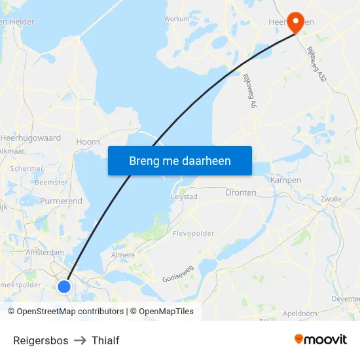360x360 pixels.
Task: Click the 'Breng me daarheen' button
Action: (x=180, y=160)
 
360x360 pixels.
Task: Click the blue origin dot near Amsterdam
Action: (x=64, y=286)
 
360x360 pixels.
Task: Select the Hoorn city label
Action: (x=88, y=141)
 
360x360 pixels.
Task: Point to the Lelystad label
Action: (x=183, y=196)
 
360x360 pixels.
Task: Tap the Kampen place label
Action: (x=285, y=180)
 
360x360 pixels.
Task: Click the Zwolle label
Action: (x=331, y=199)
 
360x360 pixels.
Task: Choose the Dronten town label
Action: (x=241, y=193)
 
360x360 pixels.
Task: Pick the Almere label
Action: (x=122, y=255)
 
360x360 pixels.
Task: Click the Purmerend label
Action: (x=61, y=201)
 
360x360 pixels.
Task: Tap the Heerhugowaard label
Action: (x=31, y=138)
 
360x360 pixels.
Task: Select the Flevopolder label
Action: (x=193, y=233)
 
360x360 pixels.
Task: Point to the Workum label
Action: (x=177, y=19)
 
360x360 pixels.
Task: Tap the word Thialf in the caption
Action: (x=105, y=340)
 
